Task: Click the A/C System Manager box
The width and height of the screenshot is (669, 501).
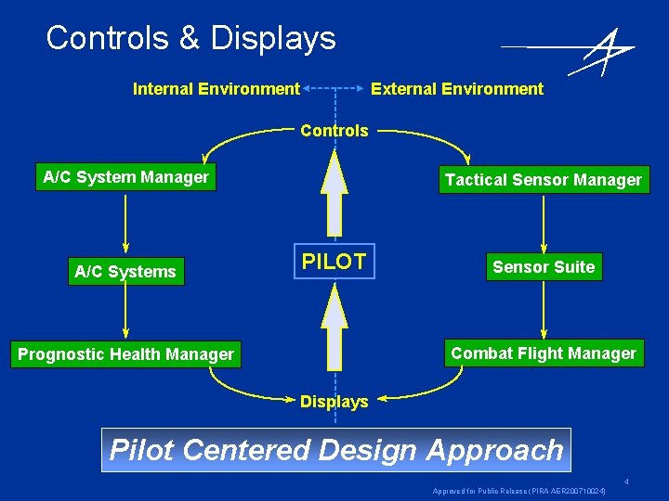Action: (126, 177)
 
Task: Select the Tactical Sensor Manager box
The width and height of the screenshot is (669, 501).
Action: (544, 180)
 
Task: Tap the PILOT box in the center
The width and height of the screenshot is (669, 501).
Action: (334, 263)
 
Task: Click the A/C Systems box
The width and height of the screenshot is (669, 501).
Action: (125, 272)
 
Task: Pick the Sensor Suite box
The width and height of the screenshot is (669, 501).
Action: (544, 267)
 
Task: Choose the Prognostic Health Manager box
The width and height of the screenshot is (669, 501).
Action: (125, 354)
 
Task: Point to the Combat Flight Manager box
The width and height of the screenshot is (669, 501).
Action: (544, 353)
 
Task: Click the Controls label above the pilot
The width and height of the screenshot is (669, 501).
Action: (334, 131)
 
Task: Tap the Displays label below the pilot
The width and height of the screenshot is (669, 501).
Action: (334, 402)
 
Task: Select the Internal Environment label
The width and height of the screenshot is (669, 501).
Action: (216, 89)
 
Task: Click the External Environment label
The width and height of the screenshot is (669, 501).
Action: (457, 89)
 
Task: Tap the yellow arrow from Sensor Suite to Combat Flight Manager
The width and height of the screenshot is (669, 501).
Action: (544, 311)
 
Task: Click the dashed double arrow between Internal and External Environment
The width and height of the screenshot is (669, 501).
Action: (334, 89)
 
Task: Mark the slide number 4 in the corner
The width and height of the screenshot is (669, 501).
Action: (626, 482)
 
